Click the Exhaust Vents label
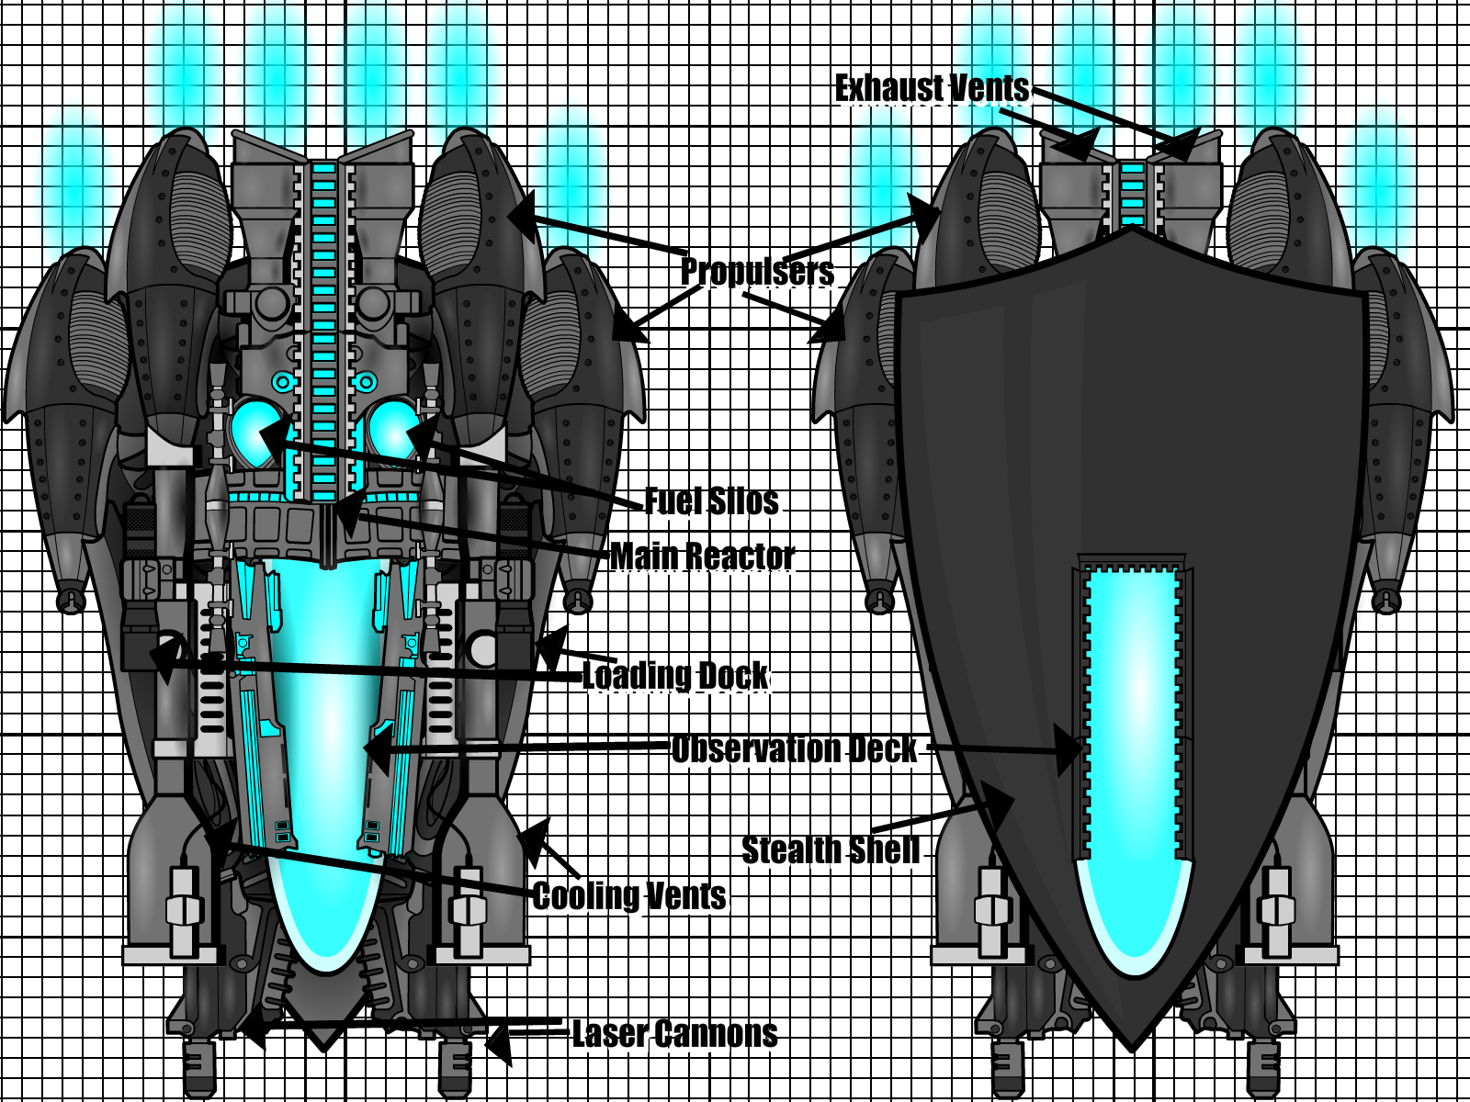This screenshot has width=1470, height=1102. [932, 88]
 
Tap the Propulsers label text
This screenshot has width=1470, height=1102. [757, 271]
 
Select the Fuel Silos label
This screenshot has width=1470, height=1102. [711, 501]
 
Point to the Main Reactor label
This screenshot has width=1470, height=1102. [702, 556]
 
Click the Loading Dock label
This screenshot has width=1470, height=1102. [675, 675]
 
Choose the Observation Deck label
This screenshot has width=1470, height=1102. [794, 749]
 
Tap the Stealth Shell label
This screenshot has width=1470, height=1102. [831, 850]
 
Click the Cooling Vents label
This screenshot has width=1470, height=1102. [629, 896]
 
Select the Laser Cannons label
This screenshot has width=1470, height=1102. [674, 1034]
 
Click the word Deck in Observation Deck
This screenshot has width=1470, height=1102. [882, 749]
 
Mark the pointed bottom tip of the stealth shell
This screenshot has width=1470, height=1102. [1133, 1045]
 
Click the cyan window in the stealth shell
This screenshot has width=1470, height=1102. [1133, 735]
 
